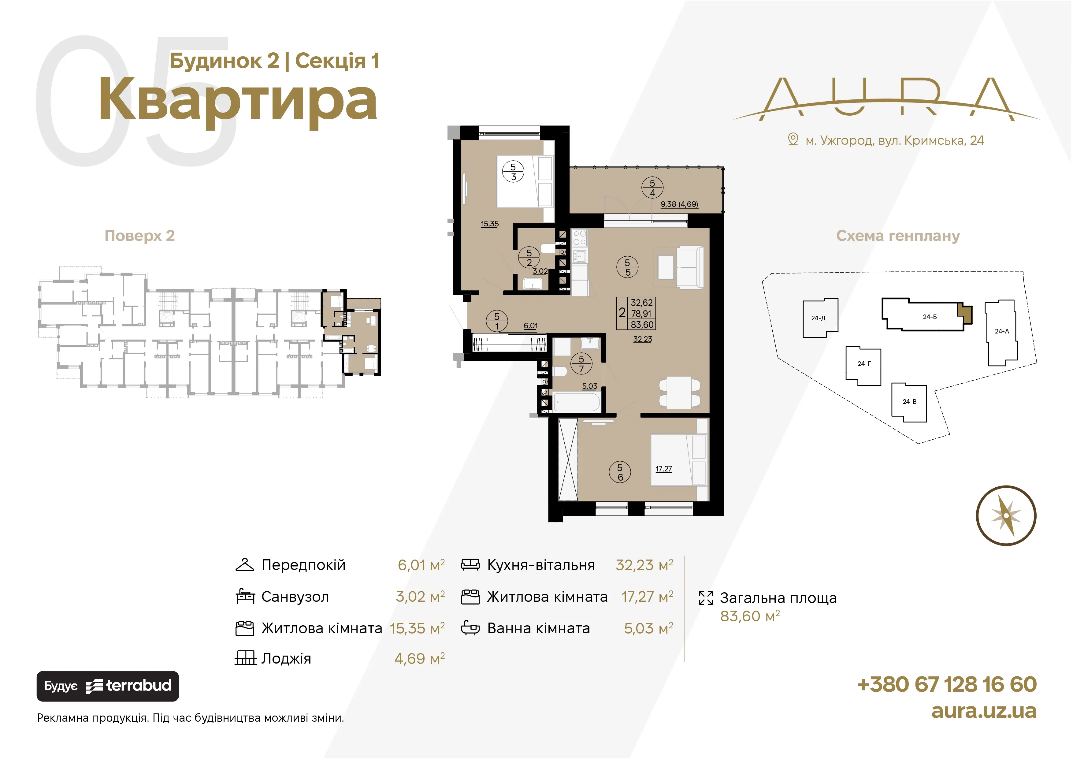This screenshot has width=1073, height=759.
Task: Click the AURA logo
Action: pos(886,99)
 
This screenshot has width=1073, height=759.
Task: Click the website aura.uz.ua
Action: pos(984,711)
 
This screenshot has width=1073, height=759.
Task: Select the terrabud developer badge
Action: pos(107,686)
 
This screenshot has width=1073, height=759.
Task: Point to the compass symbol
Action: pos(1006,515)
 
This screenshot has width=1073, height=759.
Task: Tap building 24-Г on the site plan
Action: pos(863,366)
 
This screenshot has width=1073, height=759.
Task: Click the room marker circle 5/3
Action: pos(513,172)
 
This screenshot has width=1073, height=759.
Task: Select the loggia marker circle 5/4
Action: pos(652,188)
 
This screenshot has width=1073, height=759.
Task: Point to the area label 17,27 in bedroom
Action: pos(664,469)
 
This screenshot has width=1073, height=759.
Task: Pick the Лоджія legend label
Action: pos(286,659)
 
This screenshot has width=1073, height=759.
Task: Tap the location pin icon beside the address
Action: pos(793,139)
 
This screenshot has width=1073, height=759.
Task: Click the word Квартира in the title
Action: pos(238,100)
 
